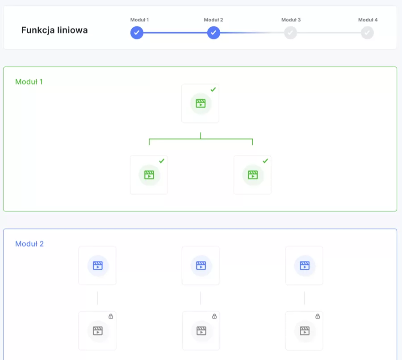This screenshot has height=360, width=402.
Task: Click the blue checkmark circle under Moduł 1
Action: coord(137,33)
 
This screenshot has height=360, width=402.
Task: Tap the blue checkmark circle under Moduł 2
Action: coord(214,33)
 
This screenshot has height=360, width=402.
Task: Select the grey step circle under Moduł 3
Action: coord(290,33)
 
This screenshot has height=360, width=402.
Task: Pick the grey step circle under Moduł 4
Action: coord(367,33)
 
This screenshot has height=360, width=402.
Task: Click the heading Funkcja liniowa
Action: coord(54,30)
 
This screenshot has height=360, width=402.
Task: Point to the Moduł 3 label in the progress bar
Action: coord(291,20)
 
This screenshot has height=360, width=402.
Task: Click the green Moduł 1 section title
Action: coord(29,82)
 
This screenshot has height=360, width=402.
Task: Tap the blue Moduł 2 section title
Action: coord(29,244)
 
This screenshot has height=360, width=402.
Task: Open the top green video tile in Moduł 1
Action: coord(200,103)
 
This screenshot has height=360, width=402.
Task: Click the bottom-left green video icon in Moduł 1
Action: coord(149,175)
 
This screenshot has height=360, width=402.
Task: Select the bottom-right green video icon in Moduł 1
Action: coord(253,175)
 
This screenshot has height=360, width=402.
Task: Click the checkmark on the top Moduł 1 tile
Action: coord(213,89)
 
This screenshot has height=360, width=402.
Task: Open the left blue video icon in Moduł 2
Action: coord(98,266)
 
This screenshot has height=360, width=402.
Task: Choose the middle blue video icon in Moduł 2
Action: coord(201,266)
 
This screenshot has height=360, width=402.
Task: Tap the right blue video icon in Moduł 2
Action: coord(305,266)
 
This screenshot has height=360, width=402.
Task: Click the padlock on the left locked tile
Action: coord(111,316)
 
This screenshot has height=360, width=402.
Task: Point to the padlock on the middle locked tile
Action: coord(214,316)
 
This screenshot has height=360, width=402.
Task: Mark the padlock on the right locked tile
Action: coord(318,316)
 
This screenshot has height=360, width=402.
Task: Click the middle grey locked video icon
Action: coord(201,331)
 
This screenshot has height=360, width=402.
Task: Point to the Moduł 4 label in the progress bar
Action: coord(368,20)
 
